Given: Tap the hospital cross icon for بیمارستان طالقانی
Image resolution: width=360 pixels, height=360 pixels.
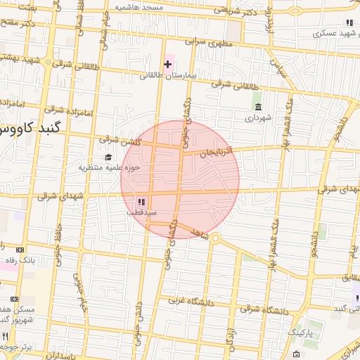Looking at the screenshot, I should pyautogui.click(x=167, y=64).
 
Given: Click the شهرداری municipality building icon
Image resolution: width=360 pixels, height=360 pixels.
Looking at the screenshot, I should pyautogui.click(x=258, y=108).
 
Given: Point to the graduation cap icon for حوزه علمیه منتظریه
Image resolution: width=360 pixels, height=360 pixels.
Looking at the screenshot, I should pyautogui.click(x=108, y=157).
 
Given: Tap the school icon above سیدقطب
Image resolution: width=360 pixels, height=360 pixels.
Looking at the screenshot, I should pyautogui.click(x=141, y=201).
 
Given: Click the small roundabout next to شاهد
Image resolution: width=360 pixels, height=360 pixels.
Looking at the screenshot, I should pyautogui.click(x=216, y=238).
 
